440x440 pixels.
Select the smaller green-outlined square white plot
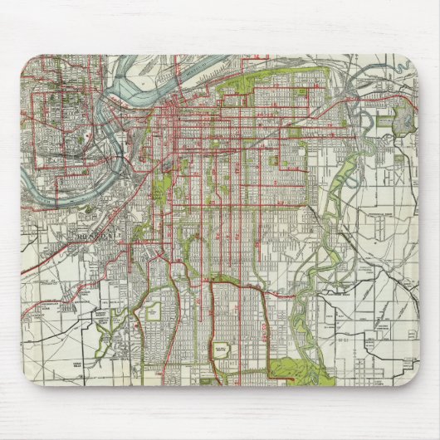(x=154, y=312)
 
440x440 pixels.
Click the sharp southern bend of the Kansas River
(x=116, y=178)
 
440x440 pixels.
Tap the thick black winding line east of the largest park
(x=349, y=349)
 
